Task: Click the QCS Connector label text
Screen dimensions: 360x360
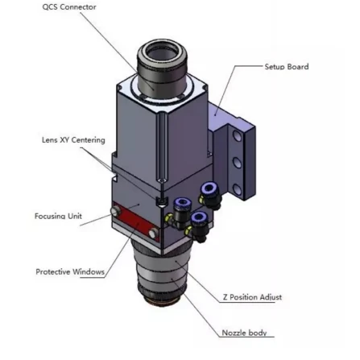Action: click(x=69, y=7)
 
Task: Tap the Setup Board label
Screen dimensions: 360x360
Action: click(x=287, y=67)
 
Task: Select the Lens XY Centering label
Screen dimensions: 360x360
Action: click(x=73, y=140)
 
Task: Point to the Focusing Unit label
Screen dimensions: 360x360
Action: click(x=58, y=216)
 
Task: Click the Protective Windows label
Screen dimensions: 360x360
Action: click(x=70, y=271)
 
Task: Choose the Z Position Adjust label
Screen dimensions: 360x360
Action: click(x=252, y=297)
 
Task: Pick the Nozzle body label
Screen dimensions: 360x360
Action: click(x=244, y=333)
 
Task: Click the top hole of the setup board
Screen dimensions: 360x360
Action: click(x=237, y=136)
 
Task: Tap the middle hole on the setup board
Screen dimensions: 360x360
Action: click(x=237, y=163)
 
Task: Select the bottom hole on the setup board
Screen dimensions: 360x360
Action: click(x=237, y=189)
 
